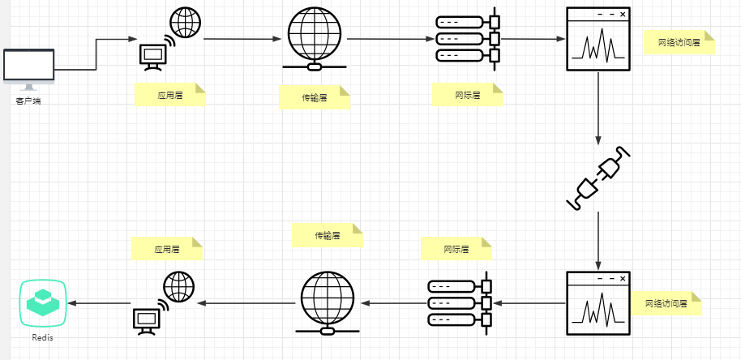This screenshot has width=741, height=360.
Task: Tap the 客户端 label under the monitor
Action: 28,101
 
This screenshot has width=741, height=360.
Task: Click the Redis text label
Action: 43,337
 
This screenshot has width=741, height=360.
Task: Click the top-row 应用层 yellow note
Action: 169,95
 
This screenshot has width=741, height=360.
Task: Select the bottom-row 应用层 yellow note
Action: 166,248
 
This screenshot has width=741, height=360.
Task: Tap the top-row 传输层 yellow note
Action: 315,98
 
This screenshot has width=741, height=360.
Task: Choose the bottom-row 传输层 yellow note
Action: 328,236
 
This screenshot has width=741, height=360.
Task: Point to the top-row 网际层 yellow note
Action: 468,95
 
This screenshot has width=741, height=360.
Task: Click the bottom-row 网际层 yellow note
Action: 456,248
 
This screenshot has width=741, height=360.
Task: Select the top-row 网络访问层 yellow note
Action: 679,43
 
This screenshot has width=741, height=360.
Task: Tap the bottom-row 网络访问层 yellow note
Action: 666,303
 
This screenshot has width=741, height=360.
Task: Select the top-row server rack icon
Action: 469,38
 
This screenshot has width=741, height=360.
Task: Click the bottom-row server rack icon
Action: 460,302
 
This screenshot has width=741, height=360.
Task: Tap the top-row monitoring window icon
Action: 598,39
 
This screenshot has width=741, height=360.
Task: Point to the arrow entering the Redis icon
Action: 97,303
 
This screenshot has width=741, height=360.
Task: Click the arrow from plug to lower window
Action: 598,239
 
